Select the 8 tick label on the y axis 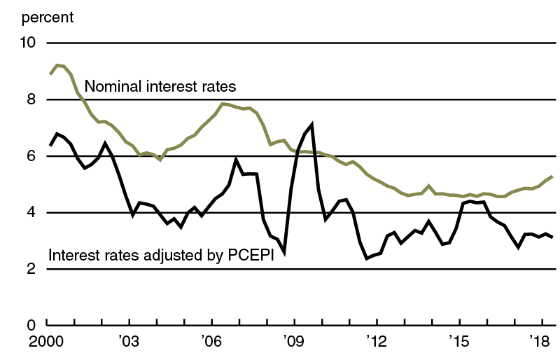click(31, 100)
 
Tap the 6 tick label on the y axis click(31, 156)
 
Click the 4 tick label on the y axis click(31, 213)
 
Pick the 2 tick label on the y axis click(31, 269)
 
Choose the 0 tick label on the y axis click(31, 326)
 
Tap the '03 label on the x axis click(129, 345)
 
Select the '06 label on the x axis click(211, 345)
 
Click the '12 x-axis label click(377, 345)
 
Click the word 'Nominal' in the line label click(111, 87)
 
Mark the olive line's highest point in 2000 click(57, 65)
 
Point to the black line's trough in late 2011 click(366, 258)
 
